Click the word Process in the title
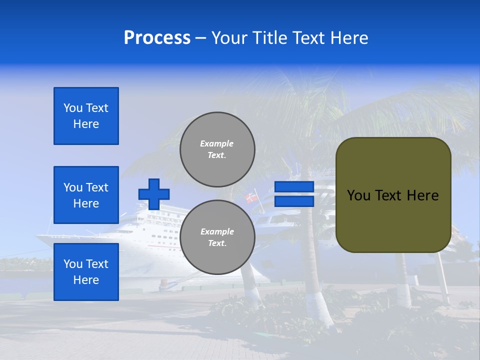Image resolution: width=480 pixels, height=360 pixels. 157,38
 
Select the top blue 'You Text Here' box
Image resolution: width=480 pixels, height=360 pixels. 86,116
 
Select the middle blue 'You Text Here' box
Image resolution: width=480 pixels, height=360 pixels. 86,195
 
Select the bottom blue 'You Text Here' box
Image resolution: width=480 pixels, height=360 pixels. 86,272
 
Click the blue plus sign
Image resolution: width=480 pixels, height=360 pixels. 154,194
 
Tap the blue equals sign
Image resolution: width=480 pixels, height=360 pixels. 294,194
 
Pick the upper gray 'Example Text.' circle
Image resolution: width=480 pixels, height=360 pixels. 217,149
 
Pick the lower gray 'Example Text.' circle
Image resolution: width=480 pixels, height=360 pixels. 217,237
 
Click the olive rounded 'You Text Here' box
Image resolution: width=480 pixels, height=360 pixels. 393,194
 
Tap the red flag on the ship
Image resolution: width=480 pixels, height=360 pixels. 251,198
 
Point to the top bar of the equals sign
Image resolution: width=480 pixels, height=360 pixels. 294,187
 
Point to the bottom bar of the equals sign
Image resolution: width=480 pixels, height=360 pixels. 294,201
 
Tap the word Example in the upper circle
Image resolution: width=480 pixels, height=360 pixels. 216,143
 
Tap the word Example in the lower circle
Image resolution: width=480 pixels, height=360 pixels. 217,231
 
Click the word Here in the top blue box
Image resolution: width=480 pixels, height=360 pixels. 86,124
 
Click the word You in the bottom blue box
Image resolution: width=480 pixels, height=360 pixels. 73,264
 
